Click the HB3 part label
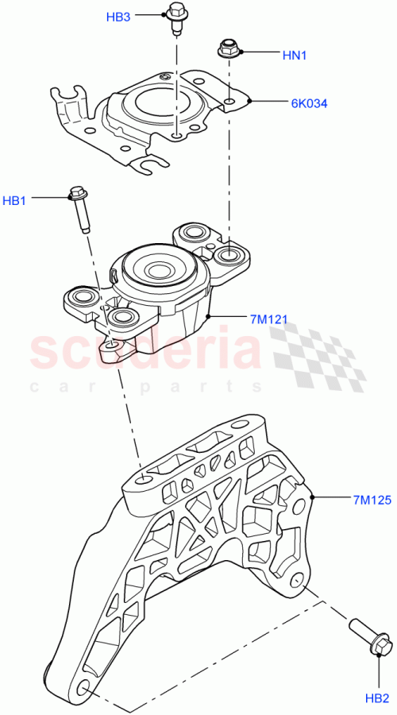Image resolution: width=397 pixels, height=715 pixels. pyautogui.click(x=119, y=17)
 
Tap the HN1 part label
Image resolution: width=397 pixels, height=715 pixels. pyautogui.click(x=295, y=56)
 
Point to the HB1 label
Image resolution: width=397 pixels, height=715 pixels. pyautogui.click(x=14, y=201)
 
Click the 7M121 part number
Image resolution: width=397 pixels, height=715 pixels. pyautogui.click(x=268, y=319)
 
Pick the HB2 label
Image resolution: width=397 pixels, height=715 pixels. pyautogui.click(x=376, y=699)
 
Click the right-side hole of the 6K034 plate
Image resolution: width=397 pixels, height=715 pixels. pyautogui.click(x=229, y=102)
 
